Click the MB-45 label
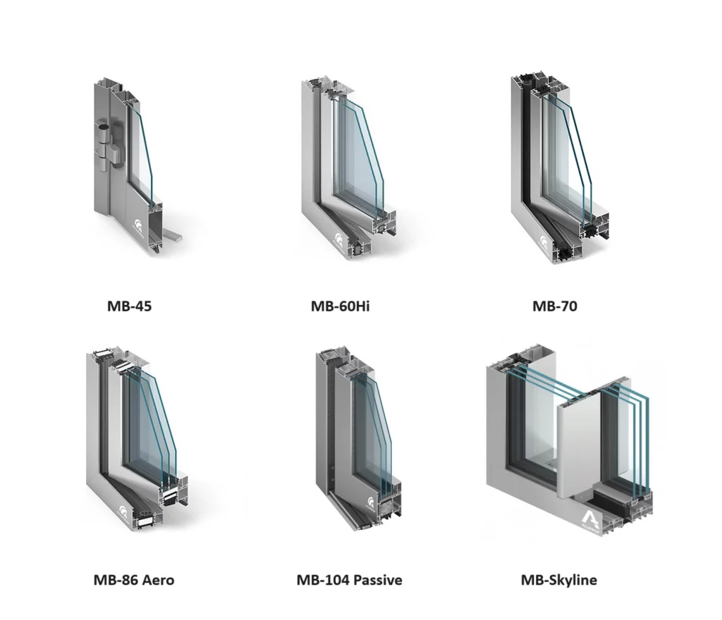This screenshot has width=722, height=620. click(x=129, y=306)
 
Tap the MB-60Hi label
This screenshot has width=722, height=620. click(x=340, y=306)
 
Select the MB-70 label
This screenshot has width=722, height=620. click(x=554, y=306)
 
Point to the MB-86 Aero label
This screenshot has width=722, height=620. click(x=133, y=580)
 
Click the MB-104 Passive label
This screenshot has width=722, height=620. click(x=349, y=580)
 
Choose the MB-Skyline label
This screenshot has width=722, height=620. click(x=558, y=580)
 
